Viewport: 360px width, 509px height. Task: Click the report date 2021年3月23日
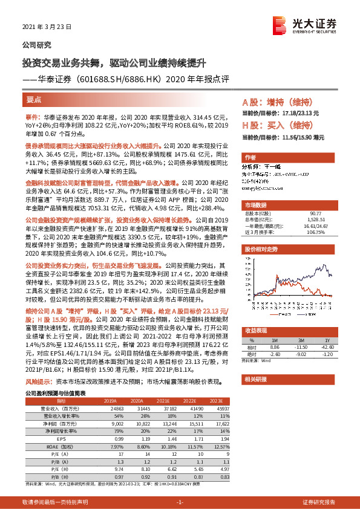tap(47, 27)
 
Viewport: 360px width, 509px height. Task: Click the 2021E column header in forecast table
tap(163, 400)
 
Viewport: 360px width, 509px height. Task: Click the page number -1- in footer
tap(179, 502)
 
